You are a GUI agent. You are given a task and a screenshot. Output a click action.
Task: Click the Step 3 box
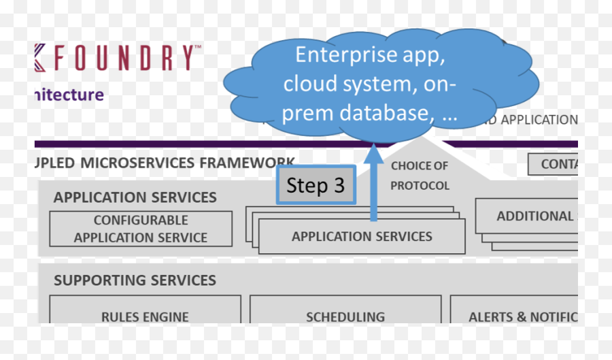click(316, 184)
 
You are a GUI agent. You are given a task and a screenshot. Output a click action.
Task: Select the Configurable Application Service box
click(141, 229)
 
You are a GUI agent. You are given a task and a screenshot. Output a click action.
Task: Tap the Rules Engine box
click(145, 316)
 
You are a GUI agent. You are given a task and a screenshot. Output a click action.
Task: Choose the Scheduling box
click(345, 316)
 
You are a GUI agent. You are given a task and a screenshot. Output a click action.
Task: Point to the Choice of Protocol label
click(420, 176)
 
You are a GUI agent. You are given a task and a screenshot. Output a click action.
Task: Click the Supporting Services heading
click(135, 280)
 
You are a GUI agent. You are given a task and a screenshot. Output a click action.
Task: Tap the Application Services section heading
click(135, 197)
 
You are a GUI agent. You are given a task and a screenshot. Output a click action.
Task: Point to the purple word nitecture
click(68, 95)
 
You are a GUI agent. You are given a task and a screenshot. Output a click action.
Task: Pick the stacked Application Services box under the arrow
click(362, 237)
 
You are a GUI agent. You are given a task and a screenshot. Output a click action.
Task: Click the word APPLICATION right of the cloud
click(538, 120)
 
